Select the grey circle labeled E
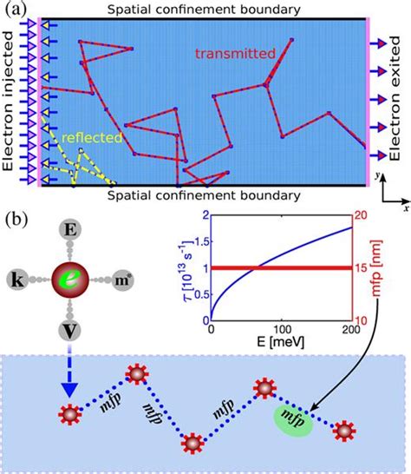click(68, 229)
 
